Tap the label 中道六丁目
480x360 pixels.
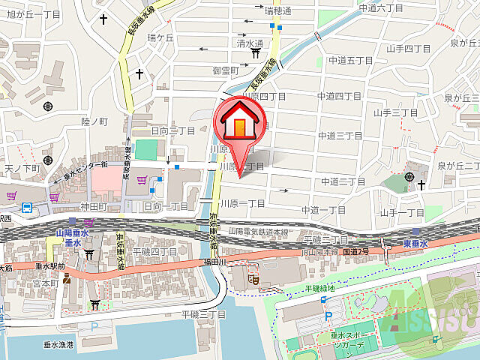(381, 7)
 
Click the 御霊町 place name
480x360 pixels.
(225, 71)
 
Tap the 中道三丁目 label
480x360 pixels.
(340, 136)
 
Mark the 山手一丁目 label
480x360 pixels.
(402, 213)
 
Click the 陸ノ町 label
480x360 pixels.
(95, 121)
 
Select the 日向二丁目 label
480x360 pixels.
(173, 130)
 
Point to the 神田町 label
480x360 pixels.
(96, 206)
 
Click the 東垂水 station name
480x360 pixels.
(413, 244)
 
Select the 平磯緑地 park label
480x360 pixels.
(321, 288)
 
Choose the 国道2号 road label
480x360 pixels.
(355, 250)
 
